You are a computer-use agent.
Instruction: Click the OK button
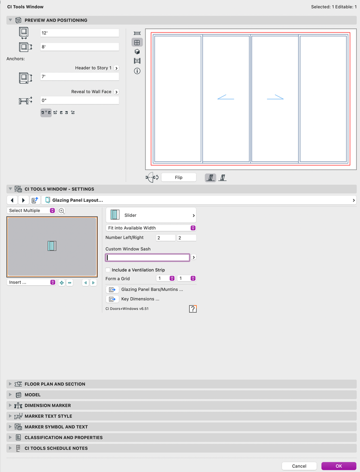pos(339,466)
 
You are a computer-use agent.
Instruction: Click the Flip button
pos(179,177)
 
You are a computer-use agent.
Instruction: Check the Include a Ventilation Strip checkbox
pos(108,270)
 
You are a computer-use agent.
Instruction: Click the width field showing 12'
pos(79,33)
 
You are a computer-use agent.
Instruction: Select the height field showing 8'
pos(79,47)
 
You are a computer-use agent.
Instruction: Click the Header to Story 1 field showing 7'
pos(79,77)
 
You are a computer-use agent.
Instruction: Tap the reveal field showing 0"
pos(79,100)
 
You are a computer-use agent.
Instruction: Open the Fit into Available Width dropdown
pos(151,228)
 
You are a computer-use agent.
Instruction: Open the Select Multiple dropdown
pos(31,210)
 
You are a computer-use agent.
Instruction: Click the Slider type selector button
pos(151,215)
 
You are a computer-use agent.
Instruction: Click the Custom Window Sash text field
pos(147,257)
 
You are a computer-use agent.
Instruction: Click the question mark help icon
pos(193,309)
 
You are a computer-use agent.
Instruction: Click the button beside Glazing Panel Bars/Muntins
pos(112,290)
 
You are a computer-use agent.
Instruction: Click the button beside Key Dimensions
pos(112,299)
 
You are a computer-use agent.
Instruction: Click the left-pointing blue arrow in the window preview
pos(226,97)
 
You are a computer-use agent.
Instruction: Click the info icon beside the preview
pos(137,71)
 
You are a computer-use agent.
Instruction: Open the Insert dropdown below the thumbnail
pos(31,283)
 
